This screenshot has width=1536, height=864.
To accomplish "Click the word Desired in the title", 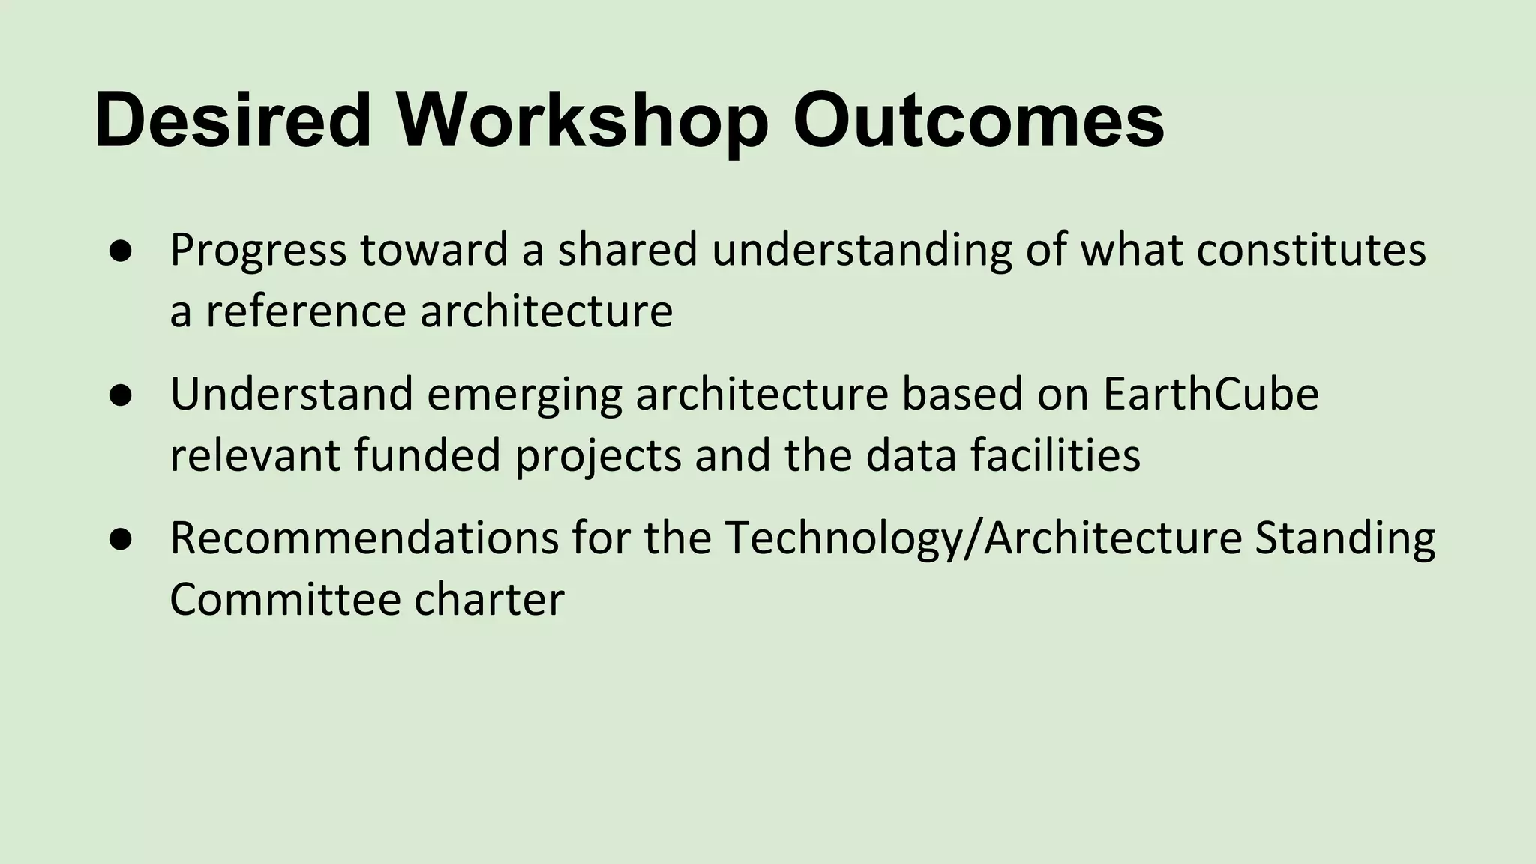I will point(233,120).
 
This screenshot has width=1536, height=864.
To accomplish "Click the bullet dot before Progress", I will point(120,251).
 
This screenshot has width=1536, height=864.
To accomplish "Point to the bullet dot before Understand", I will point(120,395).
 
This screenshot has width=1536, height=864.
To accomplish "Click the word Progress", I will point(258,251).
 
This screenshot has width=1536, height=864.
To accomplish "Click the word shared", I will point(627,250).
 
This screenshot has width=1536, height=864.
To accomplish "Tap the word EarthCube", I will point(1210,394).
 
